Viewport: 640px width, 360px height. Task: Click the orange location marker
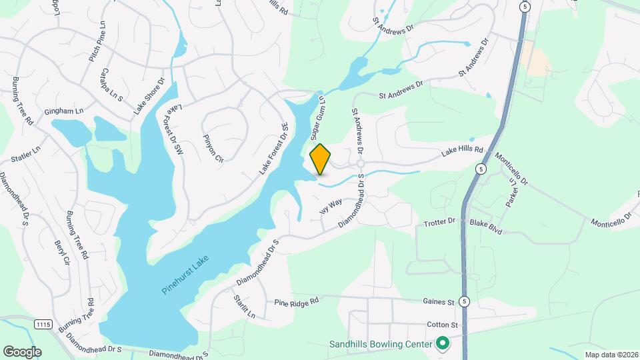(x=320, y=159)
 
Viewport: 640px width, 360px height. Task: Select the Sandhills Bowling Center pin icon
(x=441, y=344)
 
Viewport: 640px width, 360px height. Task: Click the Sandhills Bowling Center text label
(x=381, y=345)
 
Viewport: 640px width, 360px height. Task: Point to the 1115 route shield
(x=43, y=324)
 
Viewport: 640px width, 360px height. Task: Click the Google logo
(x=21, y=351)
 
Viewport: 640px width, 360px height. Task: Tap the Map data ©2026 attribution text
(x=611, y=355)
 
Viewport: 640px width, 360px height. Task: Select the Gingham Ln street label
(x=64, y=111)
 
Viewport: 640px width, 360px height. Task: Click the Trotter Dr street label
(x=439, y=221)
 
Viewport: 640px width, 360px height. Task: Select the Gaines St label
(x=439, y=302)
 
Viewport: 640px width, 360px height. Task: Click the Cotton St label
(x=443, y=325)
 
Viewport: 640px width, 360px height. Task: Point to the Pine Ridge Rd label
(x=297, y=302)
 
